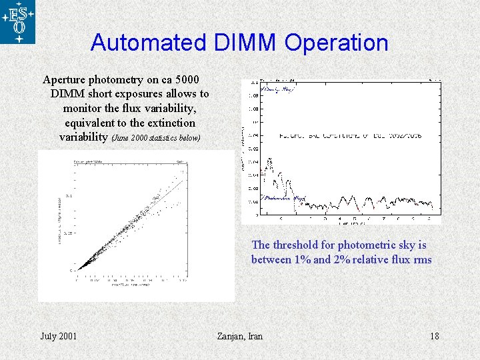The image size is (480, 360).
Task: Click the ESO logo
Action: pos(18,22)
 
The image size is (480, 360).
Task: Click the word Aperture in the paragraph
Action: pos(63,79)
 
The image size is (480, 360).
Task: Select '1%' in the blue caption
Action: pos(302,259)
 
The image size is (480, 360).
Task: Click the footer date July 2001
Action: pos(58,335)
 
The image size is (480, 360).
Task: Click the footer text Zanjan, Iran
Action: pos(240,335)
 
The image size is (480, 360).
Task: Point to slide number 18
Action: pos(434,335)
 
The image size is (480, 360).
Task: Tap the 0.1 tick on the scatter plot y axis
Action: pos(71,197)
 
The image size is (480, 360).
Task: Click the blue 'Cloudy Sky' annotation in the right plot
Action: pos(278,89)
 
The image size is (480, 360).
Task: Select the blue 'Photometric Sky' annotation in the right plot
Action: pos(285,198)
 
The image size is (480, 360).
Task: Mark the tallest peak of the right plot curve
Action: pos(269,160)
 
